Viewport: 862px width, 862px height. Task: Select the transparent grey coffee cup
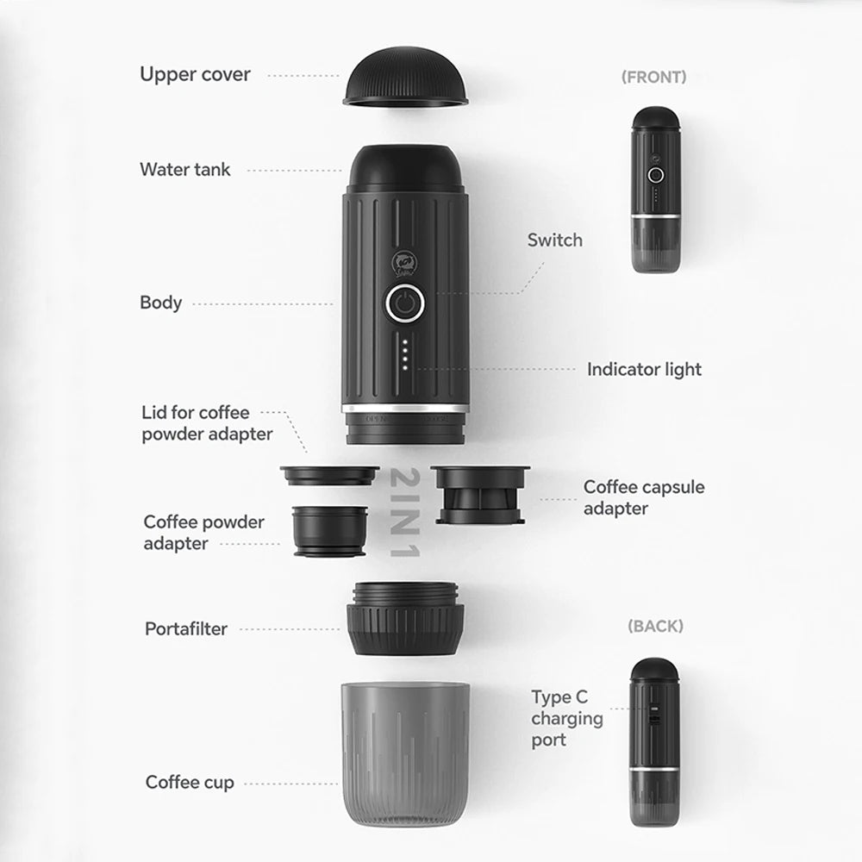(405, 752)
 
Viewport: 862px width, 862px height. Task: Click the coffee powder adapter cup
(329, 530)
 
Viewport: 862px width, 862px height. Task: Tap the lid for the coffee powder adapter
(329, 475)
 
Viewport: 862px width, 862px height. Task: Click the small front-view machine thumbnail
(656, 190)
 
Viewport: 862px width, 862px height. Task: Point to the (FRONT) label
(654, 77)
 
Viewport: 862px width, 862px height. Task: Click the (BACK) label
(655, 626)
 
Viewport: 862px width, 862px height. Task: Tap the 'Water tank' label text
(185, 170)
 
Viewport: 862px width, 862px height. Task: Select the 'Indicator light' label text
(644, 369)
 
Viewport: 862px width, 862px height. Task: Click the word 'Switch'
(554, 240)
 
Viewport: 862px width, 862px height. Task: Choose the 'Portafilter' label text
(186, 628)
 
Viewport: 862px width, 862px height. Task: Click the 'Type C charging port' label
(566, 718)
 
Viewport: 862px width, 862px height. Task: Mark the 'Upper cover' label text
(195, 74)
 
